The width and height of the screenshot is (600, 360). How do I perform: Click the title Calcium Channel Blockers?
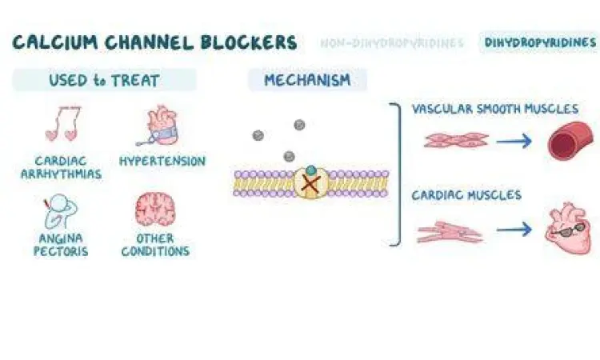(154, 42)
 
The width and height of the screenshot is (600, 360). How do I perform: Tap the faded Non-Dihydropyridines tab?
(391, 43)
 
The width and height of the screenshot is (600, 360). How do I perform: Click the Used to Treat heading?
(104, 80)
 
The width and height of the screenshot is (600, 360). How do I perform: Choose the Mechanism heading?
(307, 80)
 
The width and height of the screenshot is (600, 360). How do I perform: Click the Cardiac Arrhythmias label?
(67, 168)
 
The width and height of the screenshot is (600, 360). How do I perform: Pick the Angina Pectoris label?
(61, 244)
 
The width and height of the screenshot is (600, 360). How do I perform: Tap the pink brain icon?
(154, 210)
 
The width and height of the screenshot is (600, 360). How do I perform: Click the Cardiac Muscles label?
(466, 195)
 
